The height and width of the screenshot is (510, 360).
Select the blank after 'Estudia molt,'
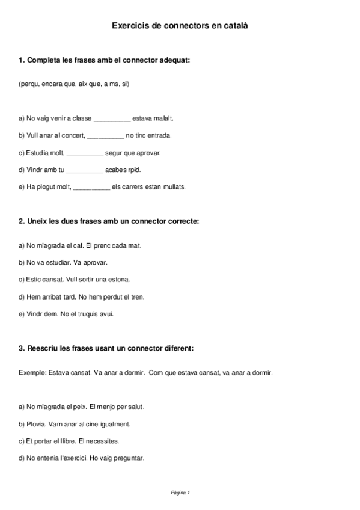coord(85,153)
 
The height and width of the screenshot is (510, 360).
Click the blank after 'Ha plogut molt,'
coord(91,187)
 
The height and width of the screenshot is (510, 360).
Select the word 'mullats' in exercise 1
coord(174,187)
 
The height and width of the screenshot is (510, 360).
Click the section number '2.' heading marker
coord(22,221)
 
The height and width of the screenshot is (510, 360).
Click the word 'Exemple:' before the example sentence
coord(31,373)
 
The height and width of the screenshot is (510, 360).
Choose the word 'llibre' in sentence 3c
coord(67,441)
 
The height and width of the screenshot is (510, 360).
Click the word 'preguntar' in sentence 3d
coord(129,458)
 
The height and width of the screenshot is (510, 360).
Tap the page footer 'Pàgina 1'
coord(180,493)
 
